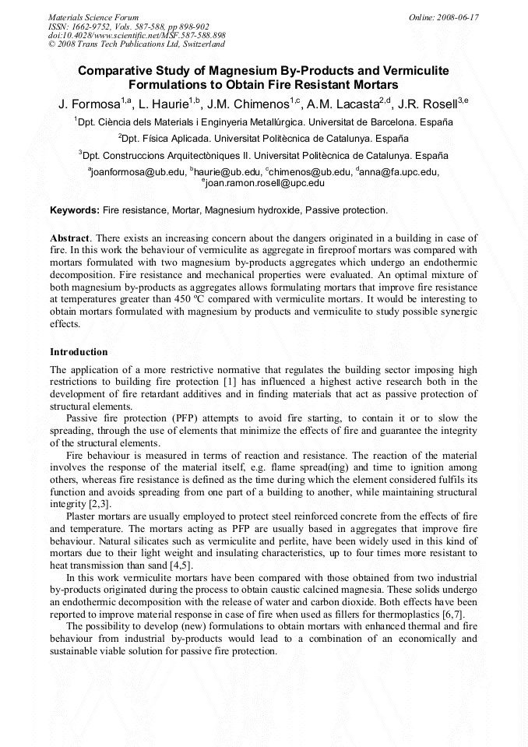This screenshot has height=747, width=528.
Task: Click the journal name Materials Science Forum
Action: [x=93, y=16]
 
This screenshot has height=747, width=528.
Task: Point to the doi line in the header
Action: [x=136, y=35]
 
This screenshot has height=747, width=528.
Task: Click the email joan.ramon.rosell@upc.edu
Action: [x=266, y=183]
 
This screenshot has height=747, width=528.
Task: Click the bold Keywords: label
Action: [x=75, y=210]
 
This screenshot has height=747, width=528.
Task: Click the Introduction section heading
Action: [x=79, y=351]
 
